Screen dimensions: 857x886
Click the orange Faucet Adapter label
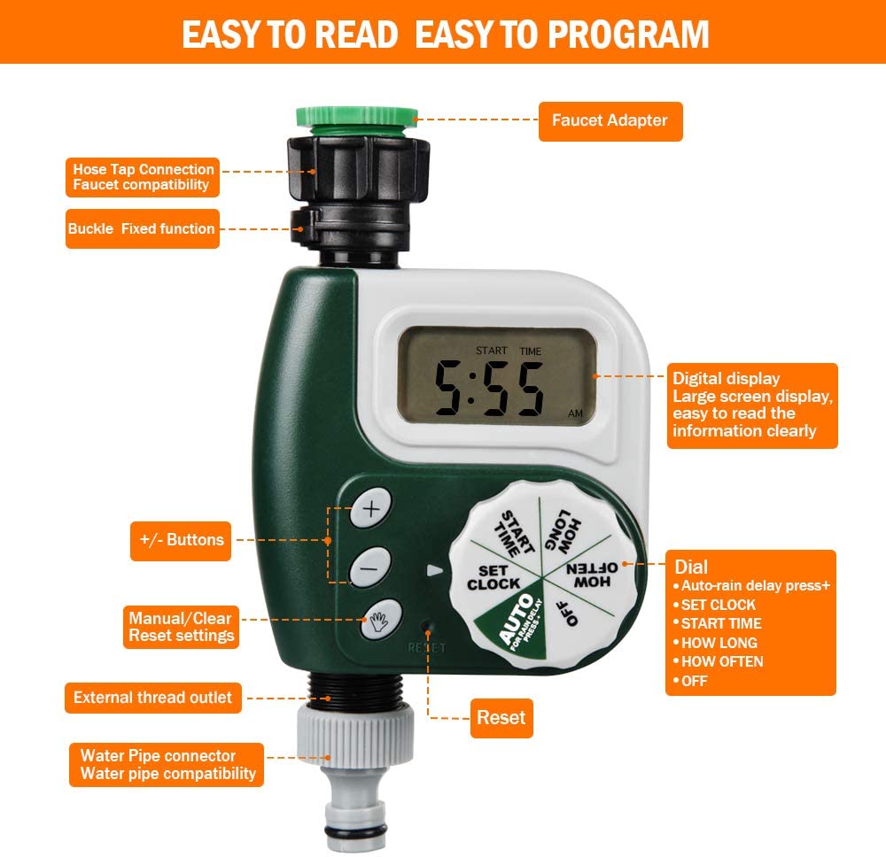610,120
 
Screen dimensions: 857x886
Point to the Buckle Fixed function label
142,229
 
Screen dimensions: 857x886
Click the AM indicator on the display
575,413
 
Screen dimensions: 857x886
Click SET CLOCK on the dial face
494,578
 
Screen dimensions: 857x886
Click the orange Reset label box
501,718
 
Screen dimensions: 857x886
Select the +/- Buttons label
181,539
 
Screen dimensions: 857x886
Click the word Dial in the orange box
691,567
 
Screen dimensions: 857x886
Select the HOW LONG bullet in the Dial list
719,643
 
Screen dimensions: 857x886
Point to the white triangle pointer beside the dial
434,571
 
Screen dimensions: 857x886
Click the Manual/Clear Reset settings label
181,627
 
